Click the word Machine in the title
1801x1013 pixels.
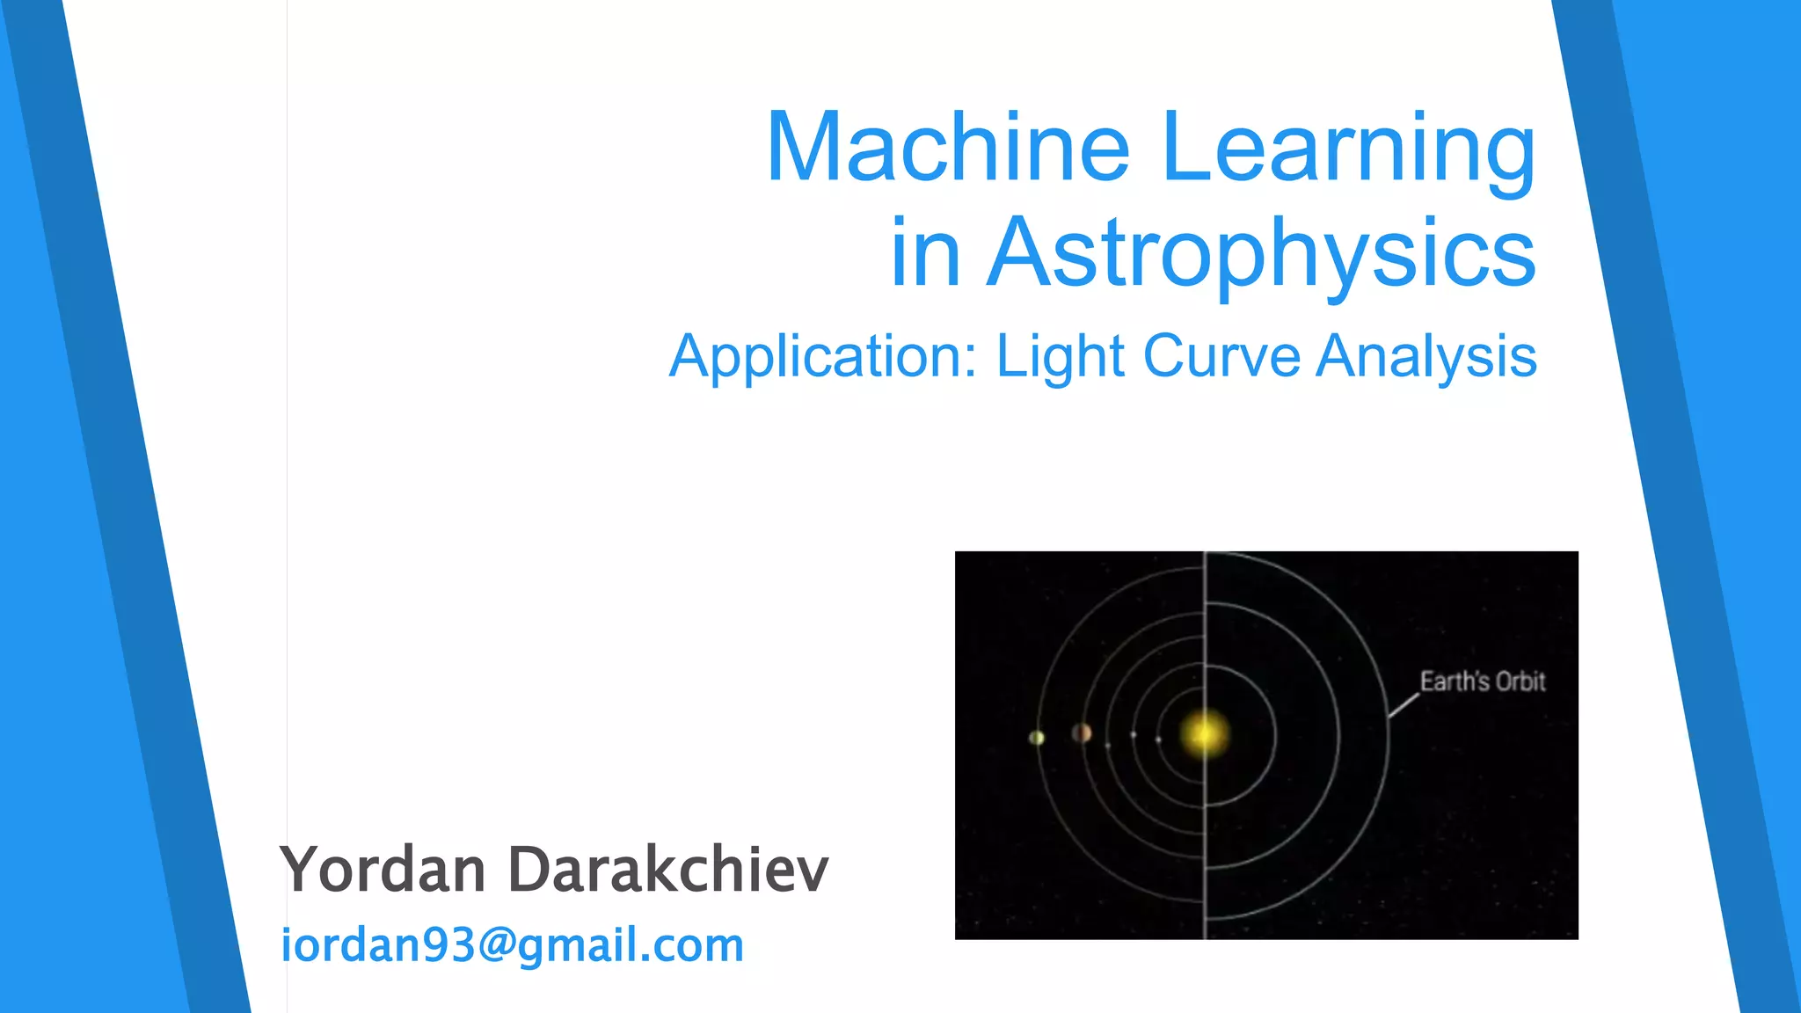[947, 147]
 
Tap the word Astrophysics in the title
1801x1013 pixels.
[1261, 253]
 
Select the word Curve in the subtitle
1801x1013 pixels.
[1221, 356]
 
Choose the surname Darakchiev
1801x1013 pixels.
[668, 870]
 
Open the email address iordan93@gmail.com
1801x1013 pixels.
[512, 945]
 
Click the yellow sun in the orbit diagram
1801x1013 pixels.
[1204, 732]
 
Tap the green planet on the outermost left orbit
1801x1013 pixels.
[1037, 738]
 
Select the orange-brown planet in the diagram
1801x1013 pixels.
[1082, 732]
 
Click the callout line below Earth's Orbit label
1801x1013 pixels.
[1404, 705]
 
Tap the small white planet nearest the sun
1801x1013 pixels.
[1158, 740]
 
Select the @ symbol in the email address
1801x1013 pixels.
[496, 945]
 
